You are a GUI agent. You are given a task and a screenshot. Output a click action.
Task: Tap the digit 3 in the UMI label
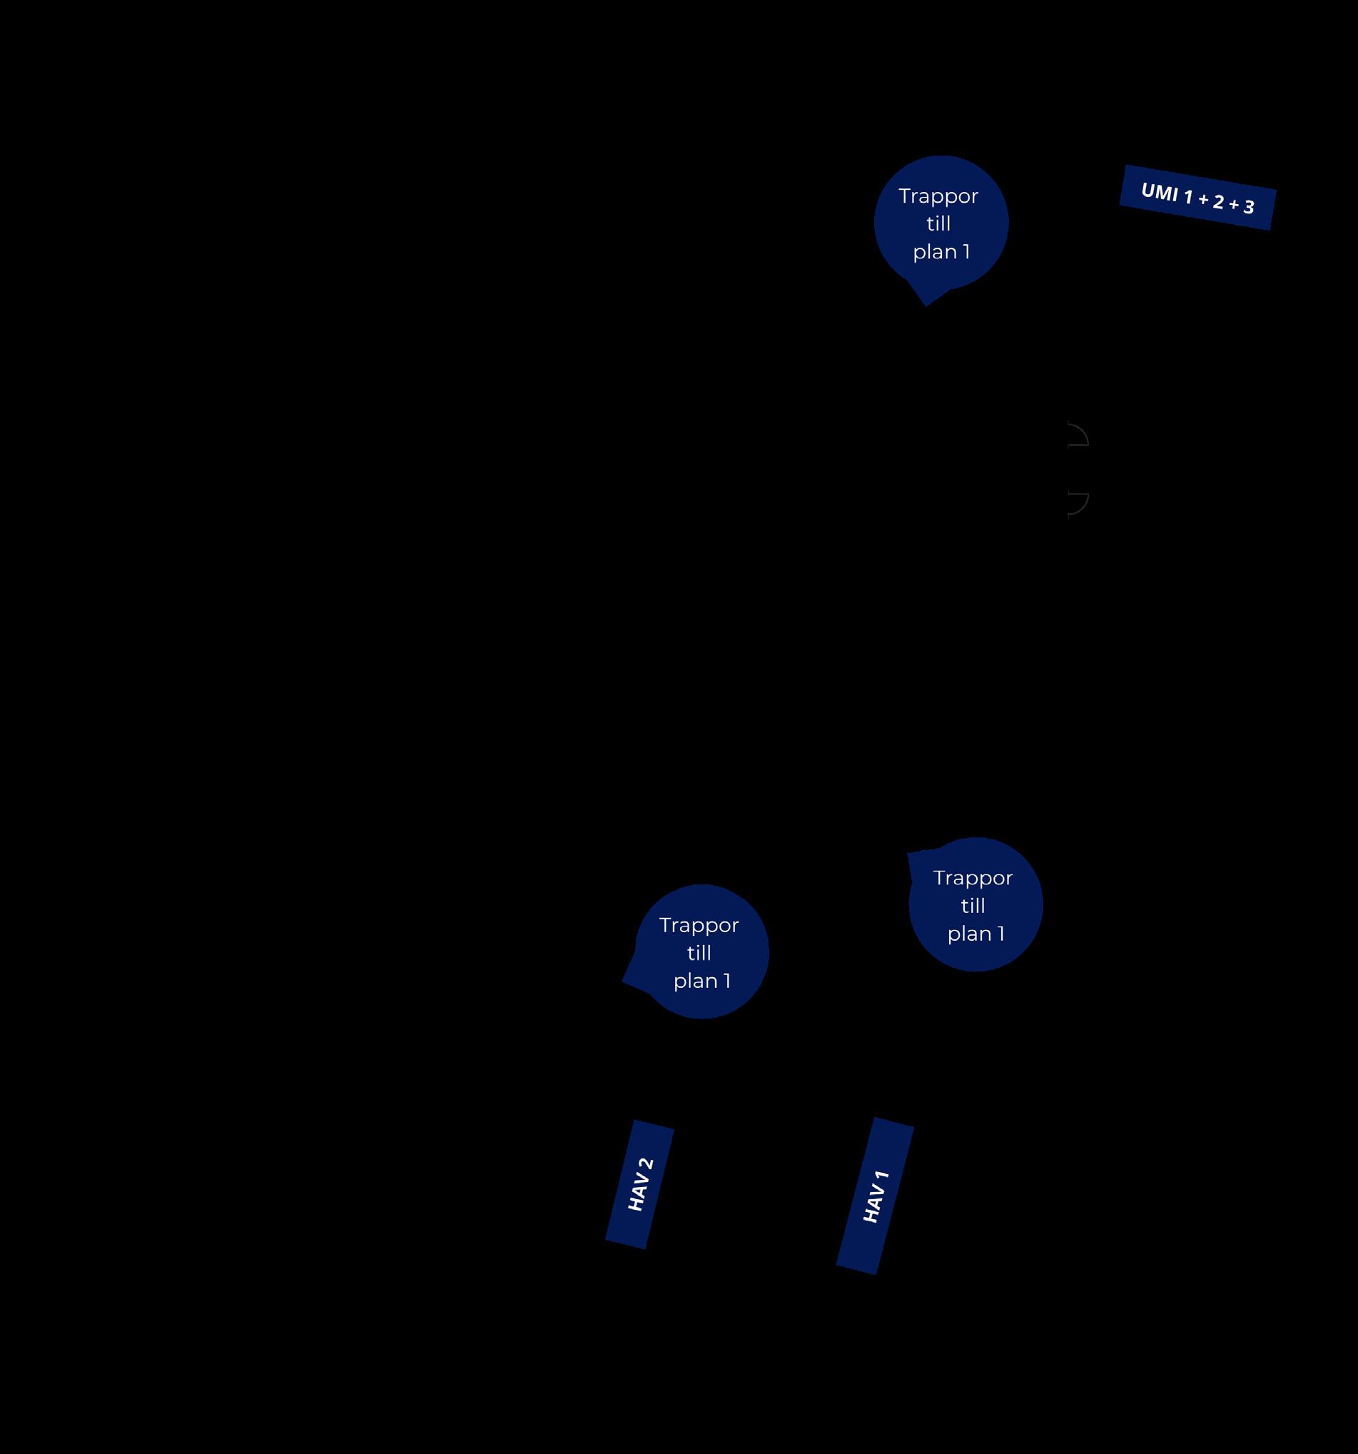pos(1248,208)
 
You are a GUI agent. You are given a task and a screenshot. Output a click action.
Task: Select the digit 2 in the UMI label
pos(1218,202)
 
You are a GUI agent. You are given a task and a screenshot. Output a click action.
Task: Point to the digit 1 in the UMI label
pos(1188,197)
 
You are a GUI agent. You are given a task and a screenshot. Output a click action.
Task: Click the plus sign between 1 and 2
pos(1203,200)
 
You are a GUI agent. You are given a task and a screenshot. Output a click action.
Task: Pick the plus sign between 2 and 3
pos(1234,205)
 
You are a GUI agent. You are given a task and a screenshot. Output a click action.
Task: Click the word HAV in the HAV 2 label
pos(637,1193)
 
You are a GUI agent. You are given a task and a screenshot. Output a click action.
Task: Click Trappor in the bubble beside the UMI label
pos(938,196)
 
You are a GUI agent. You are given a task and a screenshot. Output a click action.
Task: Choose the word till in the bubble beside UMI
pos(938,224)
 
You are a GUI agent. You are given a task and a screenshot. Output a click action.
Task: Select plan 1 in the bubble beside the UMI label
pos(941,251)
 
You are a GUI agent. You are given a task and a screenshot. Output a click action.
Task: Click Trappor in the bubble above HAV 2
pos(699,925)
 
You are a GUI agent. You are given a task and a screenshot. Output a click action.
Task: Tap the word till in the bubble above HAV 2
pos(699,953)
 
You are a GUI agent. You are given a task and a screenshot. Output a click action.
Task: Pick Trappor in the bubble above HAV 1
pos(973,878)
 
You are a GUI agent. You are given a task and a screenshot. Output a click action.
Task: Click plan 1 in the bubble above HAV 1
pos(976,934)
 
